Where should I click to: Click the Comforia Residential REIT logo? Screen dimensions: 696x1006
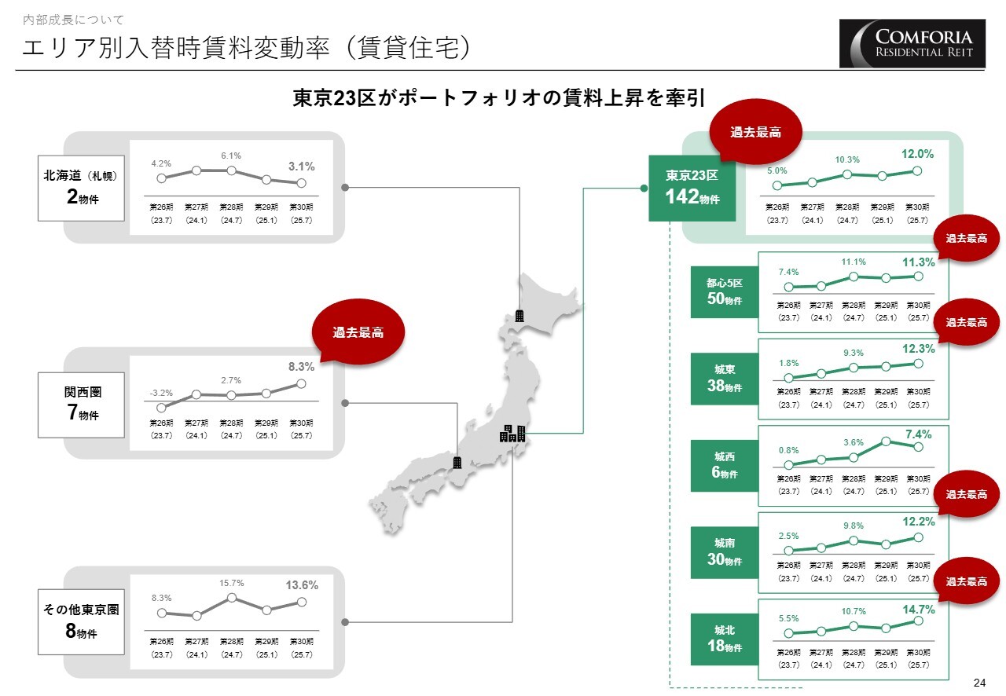(912, 43)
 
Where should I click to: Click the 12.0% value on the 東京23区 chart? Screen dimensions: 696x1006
(917, 154)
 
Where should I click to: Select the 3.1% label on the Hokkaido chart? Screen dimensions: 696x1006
(301, 167)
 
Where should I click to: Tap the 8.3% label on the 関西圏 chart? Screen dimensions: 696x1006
(301, 366)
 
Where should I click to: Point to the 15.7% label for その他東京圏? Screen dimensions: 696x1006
(232, 583)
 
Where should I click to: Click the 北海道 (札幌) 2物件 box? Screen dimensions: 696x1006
(82, 188)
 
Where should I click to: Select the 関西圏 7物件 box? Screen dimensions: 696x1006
(82, 405)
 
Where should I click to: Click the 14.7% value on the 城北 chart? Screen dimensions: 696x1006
(919, 609)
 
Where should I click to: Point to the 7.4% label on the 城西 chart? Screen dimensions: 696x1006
(918, 434)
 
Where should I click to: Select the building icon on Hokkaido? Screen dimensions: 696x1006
(520, 316)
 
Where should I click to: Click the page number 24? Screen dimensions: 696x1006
(978, 681)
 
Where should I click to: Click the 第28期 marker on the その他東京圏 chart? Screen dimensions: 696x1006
(232, 597)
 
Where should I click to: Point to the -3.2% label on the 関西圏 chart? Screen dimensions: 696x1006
(161, 392)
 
